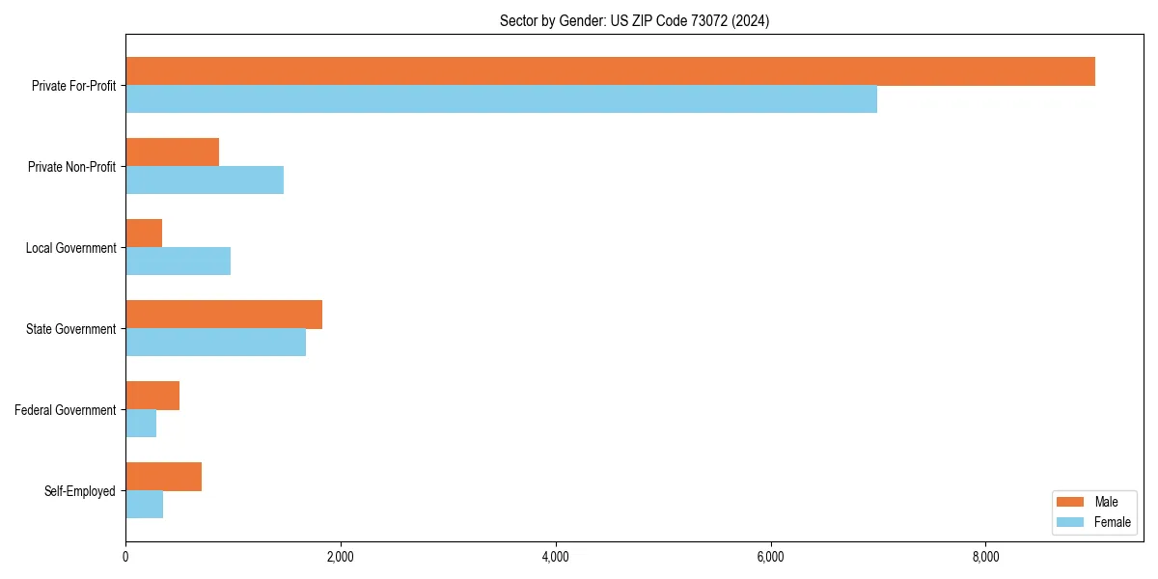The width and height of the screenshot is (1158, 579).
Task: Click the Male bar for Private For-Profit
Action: coord(610,71)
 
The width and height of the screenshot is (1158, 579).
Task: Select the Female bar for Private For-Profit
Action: coord(501,99)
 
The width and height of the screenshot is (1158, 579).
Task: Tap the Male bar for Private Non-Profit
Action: coord(172,152)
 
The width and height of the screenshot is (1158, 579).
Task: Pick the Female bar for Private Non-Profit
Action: coord(205,180)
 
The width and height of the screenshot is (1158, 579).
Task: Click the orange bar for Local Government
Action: coord(144,234)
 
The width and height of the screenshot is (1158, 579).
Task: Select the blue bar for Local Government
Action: coord(178,262)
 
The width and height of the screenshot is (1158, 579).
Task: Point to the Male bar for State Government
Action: coord(224,315)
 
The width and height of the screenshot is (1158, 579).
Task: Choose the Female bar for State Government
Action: coord(215,343)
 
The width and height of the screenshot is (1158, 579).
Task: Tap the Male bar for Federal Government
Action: coord(152,396)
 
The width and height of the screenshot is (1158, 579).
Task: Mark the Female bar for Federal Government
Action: coord(141,424)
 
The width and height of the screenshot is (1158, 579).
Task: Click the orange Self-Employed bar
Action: coord(163,477)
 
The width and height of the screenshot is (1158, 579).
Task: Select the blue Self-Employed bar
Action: coord(144,505)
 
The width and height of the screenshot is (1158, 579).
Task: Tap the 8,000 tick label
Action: coord(985,557)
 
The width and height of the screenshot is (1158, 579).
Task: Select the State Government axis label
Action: coord(70,329)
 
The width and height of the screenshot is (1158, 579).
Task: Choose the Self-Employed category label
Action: coord(79,491)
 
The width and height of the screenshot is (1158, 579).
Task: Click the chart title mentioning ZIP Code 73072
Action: coord(634,20)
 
